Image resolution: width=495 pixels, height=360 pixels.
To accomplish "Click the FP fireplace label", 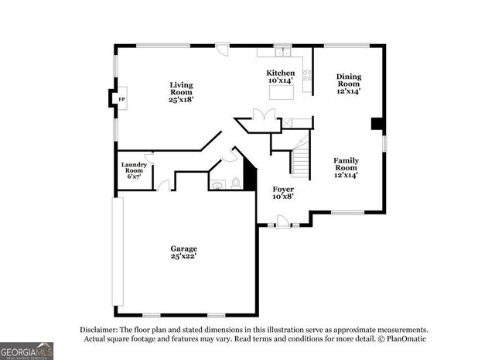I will coord(121,99).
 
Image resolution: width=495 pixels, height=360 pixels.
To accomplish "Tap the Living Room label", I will coord(183,92).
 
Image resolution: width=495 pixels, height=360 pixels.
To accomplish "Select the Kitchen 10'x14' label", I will coord(282,77).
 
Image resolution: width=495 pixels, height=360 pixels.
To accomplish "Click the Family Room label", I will coord(346,168).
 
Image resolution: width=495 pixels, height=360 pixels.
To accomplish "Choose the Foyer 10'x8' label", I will coord(283,193).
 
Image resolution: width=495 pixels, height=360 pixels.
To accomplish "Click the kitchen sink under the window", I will coord(282,53).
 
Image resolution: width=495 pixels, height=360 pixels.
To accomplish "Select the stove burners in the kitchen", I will coord(308,76).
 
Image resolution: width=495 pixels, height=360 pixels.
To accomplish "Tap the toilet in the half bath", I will coord(236,183).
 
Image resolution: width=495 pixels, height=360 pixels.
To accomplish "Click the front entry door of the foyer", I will coord(283,222).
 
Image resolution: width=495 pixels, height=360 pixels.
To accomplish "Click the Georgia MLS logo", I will coord(27,351).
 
